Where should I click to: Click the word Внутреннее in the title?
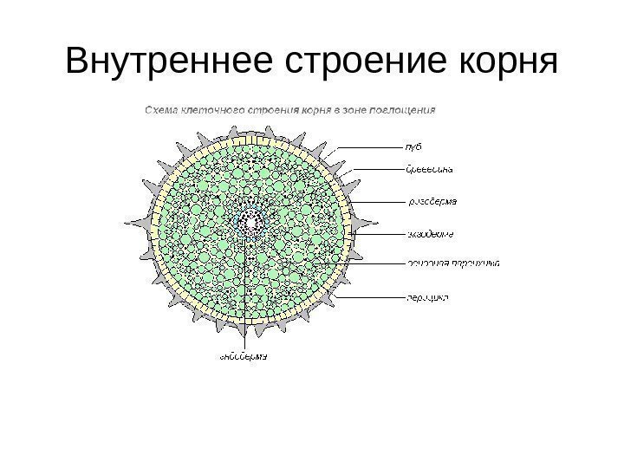pos(156,62)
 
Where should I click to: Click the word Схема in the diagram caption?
pos(159,110)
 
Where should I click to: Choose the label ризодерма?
pos(432,202)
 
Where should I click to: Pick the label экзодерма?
pos(431,233)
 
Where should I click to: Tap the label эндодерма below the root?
pos(241,355)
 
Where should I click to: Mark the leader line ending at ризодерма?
pos(381,202)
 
